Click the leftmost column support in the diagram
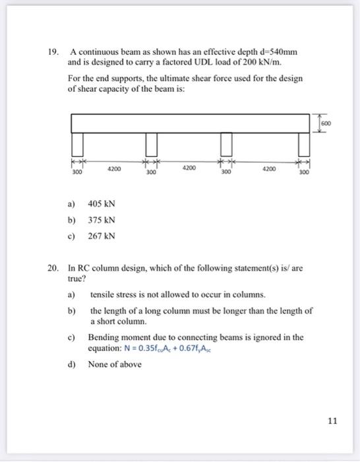77,143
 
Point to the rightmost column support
304,143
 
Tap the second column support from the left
152,143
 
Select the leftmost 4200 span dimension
113,169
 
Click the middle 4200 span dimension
189,169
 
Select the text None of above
115,364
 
